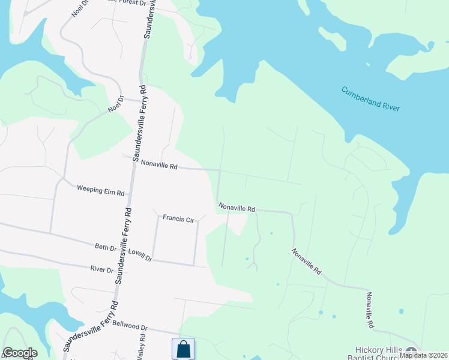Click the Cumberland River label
tap(370, 99)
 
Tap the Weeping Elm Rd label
tap(100, 190)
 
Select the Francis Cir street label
tap(178, 220)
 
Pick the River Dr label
tap(101, 269)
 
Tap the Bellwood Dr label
tap(130, 328)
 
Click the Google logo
tap(20, 353)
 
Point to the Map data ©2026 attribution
tap(423, 355)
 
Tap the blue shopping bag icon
tap(183, 349)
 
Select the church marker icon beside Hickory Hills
tap(411, 352)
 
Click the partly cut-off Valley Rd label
tap(140, 351)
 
